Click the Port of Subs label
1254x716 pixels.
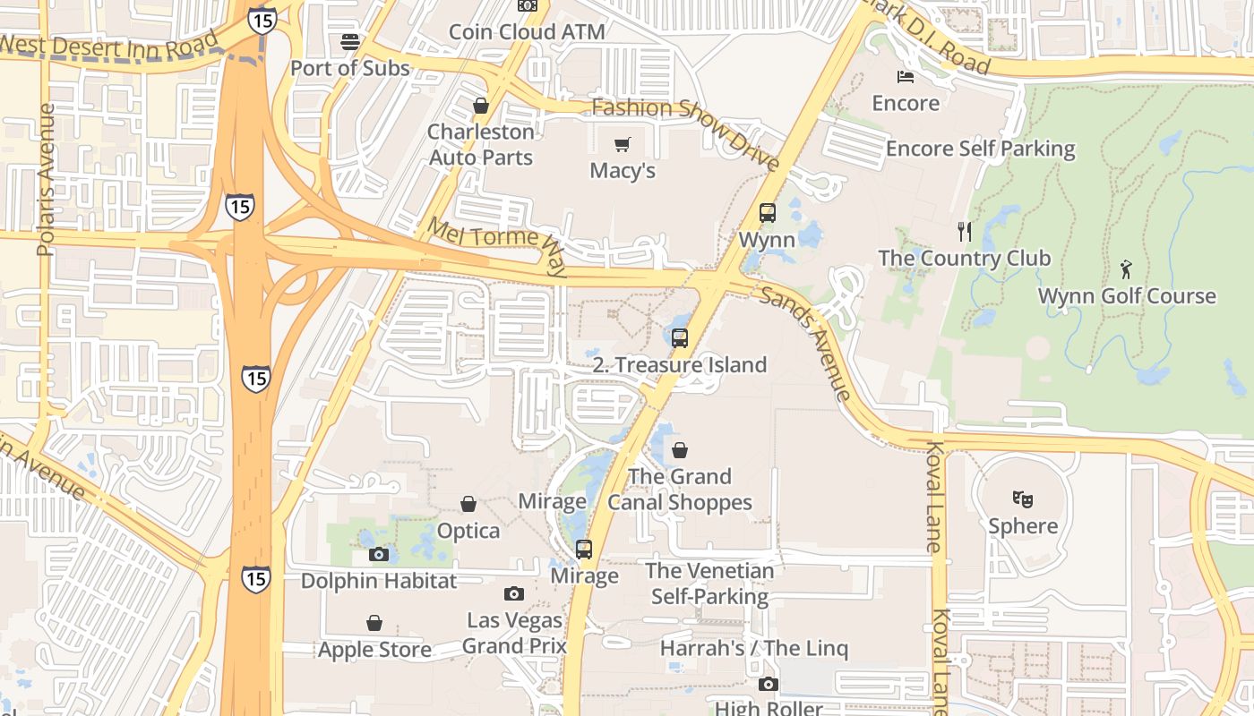click(350, 68)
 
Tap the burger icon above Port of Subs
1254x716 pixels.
click(350, 41)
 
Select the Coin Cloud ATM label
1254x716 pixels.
click(527, 32)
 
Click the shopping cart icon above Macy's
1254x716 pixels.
click(623, 144)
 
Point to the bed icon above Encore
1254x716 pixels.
click(906, 76)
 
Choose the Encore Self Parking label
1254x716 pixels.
click(981, 149)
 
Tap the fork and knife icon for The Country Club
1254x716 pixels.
click(965, 232)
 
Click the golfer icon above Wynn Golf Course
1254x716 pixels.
click(1126, 268)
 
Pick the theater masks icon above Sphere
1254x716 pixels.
click(1023, 499)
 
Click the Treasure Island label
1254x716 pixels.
click(680, 365)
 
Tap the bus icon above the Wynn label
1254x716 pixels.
click(768, 213)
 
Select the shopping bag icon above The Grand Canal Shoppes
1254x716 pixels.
click(680, 449)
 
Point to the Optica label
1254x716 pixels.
click(468, 531)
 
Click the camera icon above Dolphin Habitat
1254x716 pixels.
click(378, 554)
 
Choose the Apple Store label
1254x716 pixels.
click(374, 650)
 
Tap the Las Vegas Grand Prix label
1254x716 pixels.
click(514, 633)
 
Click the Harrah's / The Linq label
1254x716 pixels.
click(754, 648)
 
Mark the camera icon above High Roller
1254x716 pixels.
click(768, 685)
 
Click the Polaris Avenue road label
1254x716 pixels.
click(47, 179)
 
